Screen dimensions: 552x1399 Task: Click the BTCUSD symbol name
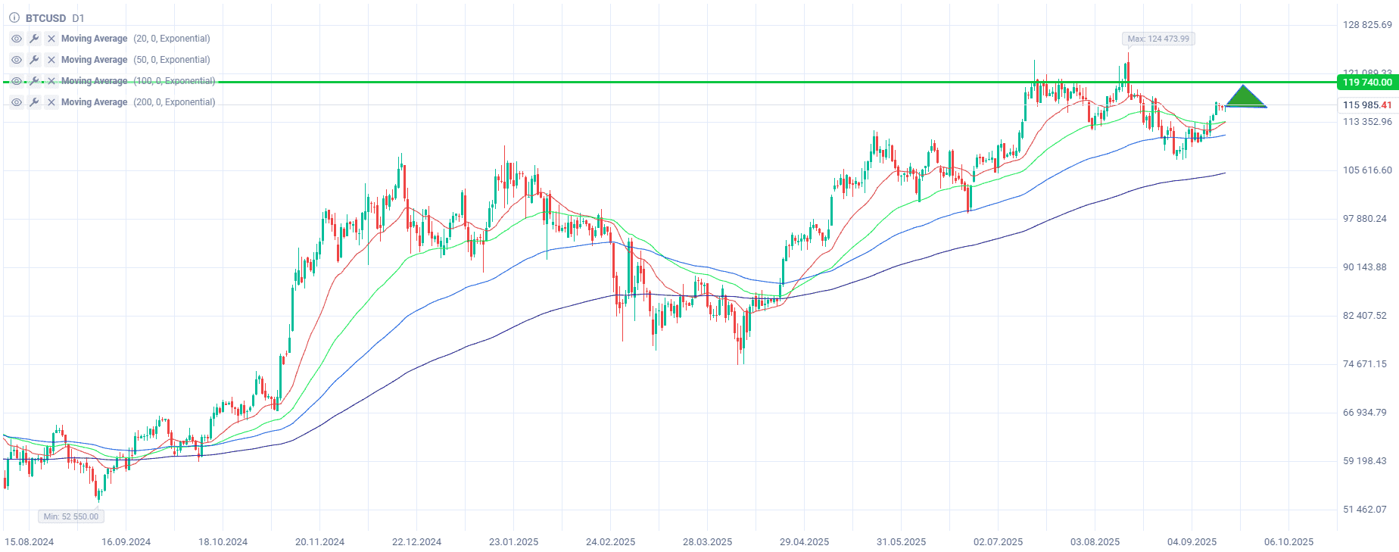(x=45, y=18)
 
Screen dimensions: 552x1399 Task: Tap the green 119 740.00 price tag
(x=1366, y=83)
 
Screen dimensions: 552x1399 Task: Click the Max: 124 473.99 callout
(x=1158, y=39)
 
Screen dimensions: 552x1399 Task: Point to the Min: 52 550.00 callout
(x=71, y=516)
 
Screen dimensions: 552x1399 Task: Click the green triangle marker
(x=1245, y=98)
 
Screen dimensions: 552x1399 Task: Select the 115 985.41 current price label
(x=1366, y=105)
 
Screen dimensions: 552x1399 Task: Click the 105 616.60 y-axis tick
(x=1366, y=170)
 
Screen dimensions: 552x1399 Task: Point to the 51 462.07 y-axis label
(x=1364, y=510)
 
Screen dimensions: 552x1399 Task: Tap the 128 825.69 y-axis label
(x=1366, y=25)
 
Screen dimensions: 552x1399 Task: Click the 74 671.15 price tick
(x=1364, y=364)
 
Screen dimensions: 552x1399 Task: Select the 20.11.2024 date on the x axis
(x=319, y=542)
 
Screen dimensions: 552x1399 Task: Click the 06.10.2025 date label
(x=1288, y=542)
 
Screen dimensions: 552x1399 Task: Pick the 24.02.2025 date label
(x=610, y=542)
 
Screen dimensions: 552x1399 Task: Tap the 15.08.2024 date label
(x=30, y=542)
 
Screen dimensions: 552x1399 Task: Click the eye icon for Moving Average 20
(x=17, y=39)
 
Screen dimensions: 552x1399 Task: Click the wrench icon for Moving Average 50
(x=34, y=60)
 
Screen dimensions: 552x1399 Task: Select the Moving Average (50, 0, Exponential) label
(x=136, y=60)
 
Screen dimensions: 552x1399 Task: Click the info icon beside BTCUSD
(x=14, y=18)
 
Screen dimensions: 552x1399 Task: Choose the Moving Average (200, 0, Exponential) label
(x=138, y=102)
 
